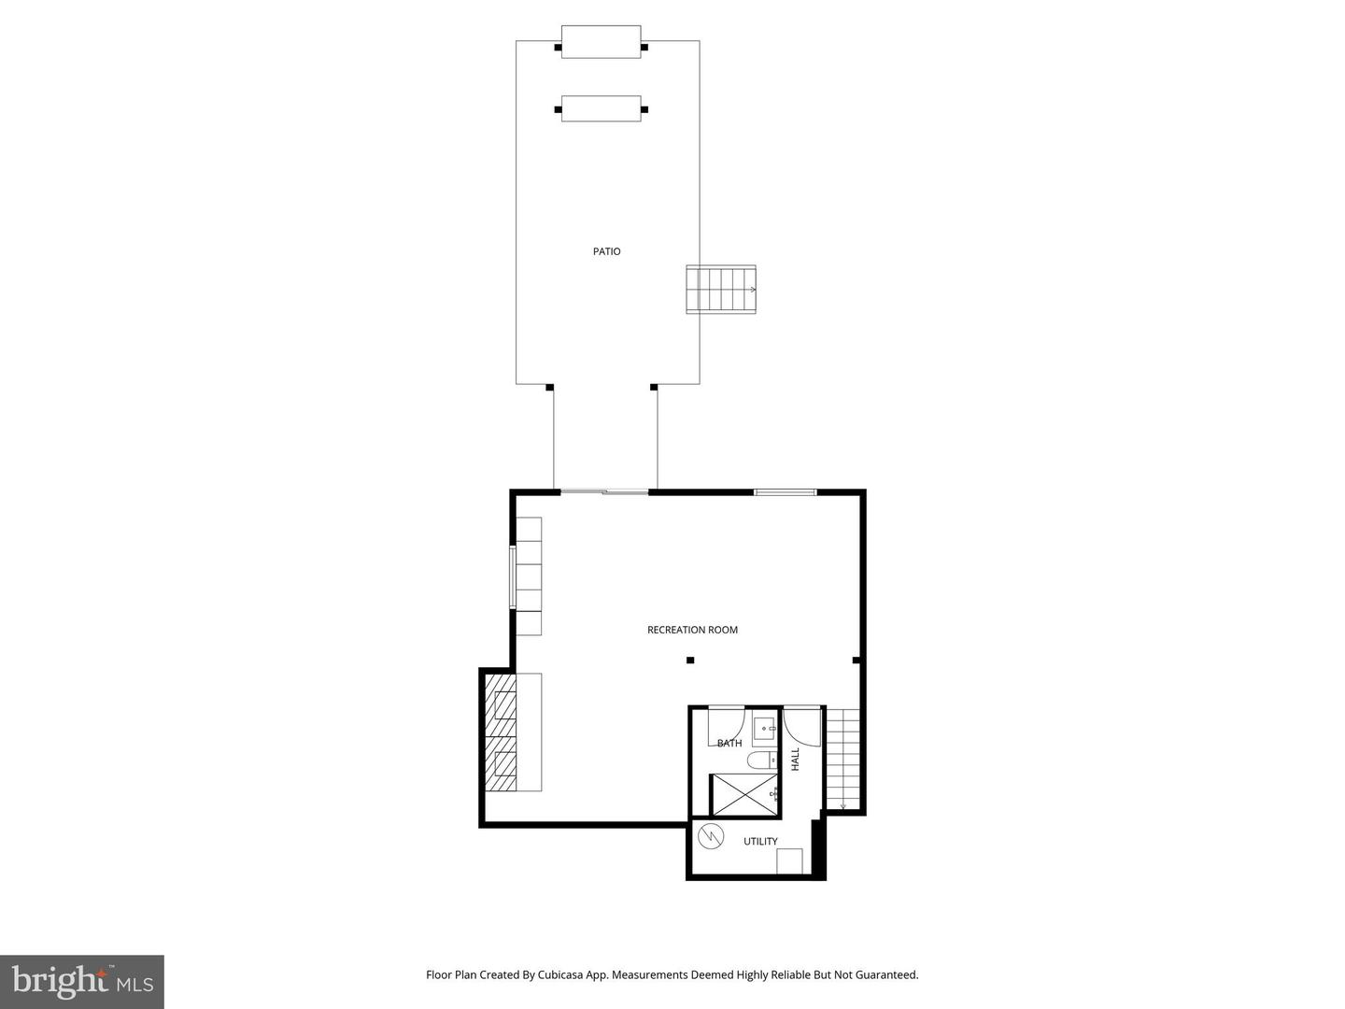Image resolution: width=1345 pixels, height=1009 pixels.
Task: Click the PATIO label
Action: click(606, 251)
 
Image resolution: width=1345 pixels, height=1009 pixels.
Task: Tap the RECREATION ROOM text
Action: click(692, 630)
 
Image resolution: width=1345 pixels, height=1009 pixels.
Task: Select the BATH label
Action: click(729, 744)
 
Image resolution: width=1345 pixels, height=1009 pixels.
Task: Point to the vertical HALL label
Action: click(796, 759)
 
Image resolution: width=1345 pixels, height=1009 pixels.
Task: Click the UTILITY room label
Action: click(760, 842)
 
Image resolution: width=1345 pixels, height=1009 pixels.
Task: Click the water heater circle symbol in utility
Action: click(711, 835)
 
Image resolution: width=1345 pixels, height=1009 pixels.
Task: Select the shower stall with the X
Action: click(744, 794)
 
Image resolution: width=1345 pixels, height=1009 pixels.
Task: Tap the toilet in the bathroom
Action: click(760, 760)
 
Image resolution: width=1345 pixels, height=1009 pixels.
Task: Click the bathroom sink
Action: click(765, 727)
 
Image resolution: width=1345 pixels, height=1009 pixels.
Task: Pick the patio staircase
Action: click(721, 290)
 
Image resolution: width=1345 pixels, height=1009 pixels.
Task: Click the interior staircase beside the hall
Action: click(843, 759)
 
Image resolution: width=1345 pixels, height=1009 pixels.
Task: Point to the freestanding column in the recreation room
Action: click(690, 661)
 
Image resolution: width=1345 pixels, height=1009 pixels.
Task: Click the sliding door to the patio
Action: click(604, 491)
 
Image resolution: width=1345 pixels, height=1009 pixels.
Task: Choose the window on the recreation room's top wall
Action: click(786, 491)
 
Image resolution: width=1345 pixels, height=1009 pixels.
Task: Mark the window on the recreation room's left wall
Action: click(512, 577)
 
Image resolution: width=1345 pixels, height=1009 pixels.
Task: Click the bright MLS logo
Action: click(82, 982)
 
